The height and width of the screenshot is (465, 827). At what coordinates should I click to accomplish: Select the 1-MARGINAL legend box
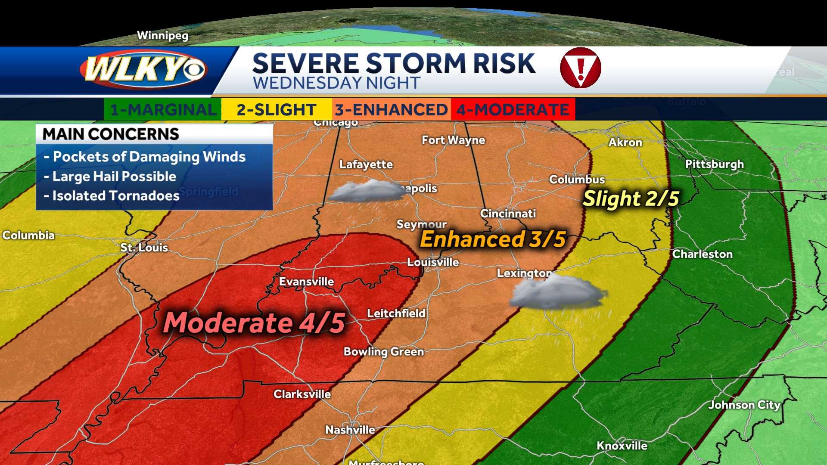tap(163, 109)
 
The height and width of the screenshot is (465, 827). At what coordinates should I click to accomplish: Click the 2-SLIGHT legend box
tap(277, 109)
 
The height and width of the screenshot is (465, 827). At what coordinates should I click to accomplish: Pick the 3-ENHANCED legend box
tap(391, 109)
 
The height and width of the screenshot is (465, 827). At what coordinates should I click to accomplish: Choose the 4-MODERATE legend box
tap(513, 109)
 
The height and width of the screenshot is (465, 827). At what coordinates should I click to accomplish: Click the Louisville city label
tap(433, 262)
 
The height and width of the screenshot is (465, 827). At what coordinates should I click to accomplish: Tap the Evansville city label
tap(306, 282)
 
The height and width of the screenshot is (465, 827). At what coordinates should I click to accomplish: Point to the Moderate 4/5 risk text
tap(254, 322)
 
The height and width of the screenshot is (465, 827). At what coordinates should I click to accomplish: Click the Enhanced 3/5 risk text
tap(493, 239)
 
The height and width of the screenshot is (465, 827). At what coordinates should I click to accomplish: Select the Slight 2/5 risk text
tap(631, 198)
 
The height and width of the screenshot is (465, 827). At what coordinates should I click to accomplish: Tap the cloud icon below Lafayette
tap(366, 191)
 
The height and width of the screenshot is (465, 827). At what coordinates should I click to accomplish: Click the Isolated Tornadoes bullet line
tap(112, 196)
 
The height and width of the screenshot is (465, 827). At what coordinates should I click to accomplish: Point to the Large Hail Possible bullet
tap(110, 177)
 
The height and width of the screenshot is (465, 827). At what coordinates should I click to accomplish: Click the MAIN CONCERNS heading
tap(111, 134)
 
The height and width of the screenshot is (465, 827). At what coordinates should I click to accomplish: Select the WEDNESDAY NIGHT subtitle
tap(336, 83)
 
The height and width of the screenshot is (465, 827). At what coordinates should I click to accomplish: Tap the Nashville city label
tap(350, 430)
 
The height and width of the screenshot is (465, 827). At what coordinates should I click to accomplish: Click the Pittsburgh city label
tap(714, 164)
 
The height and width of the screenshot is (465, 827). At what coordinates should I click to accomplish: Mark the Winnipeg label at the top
tap(162, 35)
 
